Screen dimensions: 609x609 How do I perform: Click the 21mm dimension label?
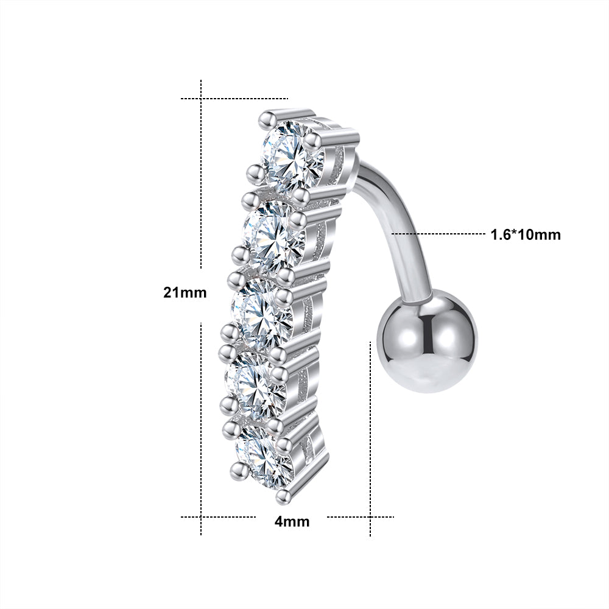[185, 292]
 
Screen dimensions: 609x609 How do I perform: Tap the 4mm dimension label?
[292, 521]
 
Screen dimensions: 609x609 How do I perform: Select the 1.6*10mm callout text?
[526, 234]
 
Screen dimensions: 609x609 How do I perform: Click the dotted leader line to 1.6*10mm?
[438, 233]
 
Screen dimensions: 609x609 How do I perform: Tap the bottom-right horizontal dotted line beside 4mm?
[359, 517]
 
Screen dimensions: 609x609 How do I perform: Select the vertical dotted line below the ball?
[370, 438]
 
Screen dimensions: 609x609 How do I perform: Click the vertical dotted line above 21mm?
[201, 177]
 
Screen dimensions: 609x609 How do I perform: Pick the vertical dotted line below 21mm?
[201, 426]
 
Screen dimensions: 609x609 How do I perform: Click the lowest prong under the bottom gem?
[281, 496]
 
